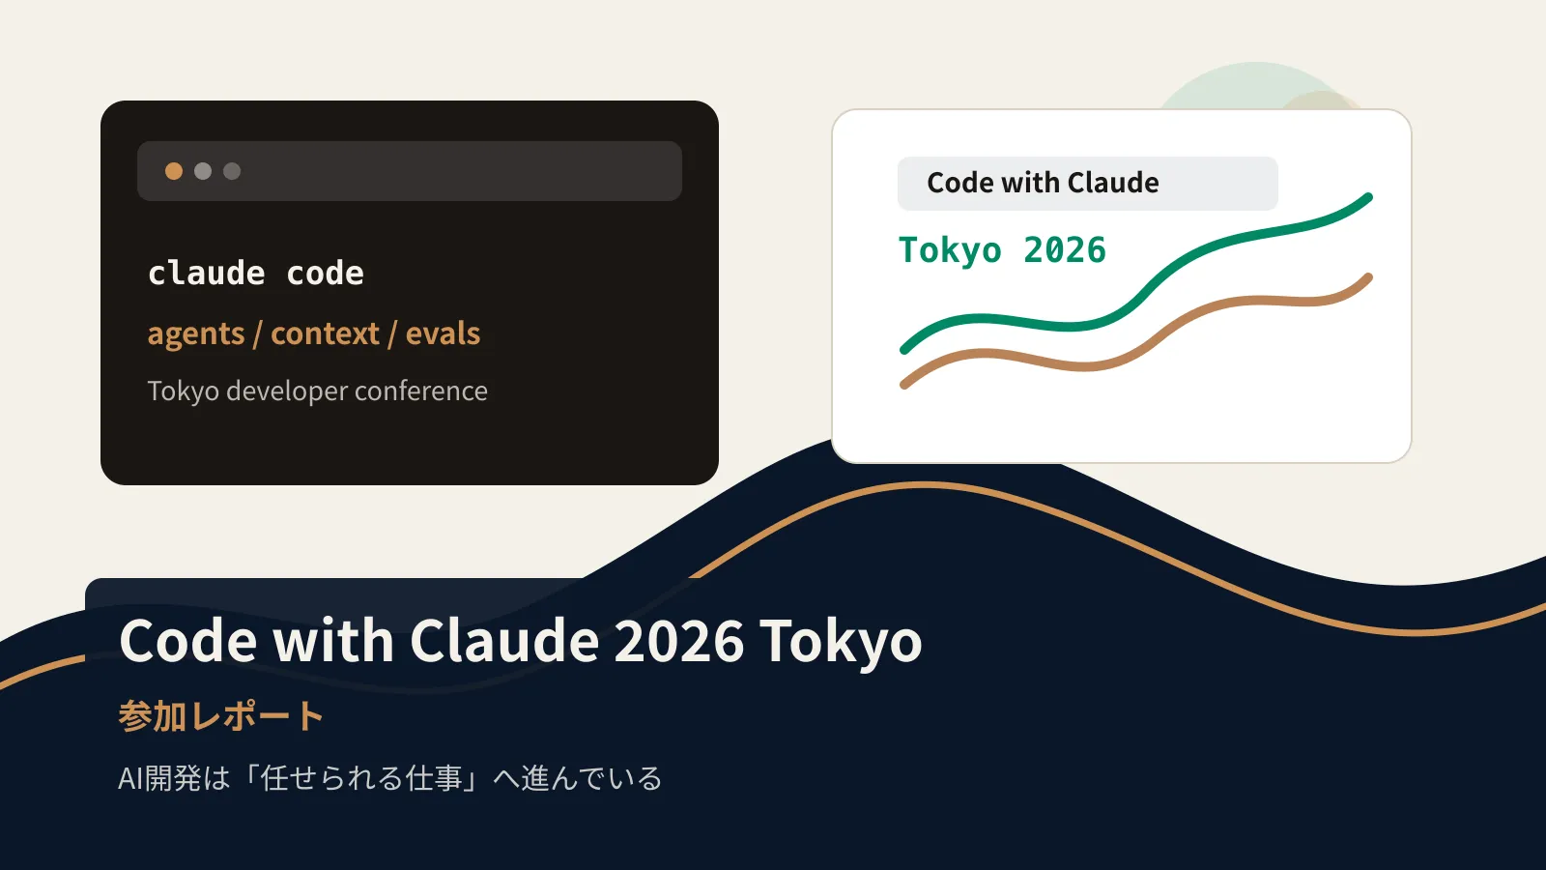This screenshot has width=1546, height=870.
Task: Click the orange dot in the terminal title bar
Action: (174, 171)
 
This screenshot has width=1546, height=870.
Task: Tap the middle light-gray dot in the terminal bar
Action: (203, 171)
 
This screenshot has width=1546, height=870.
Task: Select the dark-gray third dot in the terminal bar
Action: (232, 171)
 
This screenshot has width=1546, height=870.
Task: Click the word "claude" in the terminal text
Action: (207, 274)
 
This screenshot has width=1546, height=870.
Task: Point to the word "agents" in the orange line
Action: (196, 334)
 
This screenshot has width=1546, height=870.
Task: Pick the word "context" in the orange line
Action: (325, 333)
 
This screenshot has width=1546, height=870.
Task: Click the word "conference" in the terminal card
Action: (421, 391)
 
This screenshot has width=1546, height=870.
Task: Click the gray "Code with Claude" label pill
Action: (1088, 184)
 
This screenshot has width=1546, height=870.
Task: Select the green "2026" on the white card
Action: (1065, 250)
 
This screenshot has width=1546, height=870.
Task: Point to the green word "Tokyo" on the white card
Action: (950, 251)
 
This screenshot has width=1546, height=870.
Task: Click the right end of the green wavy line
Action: (1368, 198)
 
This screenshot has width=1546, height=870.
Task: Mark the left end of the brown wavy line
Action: (904, 385)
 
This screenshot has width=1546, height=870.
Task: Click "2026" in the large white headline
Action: (678, 641)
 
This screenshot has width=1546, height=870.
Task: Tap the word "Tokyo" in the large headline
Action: (841, 642)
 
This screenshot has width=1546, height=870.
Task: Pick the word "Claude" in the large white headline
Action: (504, 640)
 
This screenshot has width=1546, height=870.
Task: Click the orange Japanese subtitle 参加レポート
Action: (221, 716)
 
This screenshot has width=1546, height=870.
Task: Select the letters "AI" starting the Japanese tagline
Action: (130, 779)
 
